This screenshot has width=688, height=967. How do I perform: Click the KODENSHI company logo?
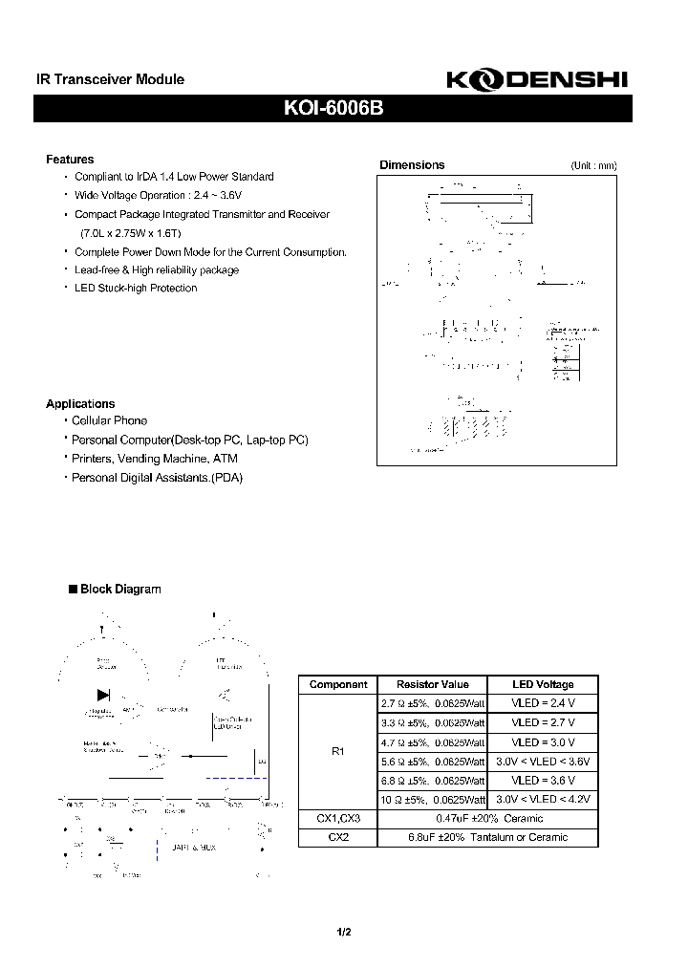538,82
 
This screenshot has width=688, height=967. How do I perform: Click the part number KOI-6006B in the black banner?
333,109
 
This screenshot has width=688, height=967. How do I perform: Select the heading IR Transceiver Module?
104,80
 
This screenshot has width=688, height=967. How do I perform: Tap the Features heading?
70,160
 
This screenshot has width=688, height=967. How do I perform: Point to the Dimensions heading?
412,165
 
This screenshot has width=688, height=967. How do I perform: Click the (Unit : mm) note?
593,166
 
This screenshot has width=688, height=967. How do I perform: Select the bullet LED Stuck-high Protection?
136,289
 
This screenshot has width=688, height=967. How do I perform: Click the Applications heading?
80,404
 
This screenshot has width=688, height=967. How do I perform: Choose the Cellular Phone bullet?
110,420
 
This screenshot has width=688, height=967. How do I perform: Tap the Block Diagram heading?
120,590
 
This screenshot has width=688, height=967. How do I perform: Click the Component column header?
337,684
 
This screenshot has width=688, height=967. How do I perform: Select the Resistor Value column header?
433,684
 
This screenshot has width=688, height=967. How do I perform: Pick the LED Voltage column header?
542,684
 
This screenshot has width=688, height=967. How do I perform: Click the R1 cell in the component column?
337,752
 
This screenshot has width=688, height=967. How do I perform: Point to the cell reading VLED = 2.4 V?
542,703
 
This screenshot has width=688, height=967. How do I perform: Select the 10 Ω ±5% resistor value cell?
433,800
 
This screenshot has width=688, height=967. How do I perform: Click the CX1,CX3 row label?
337,819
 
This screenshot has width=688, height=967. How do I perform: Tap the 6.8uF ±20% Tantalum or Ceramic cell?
487,837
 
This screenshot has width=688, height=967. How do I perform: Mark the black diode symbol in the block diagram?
103,694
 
